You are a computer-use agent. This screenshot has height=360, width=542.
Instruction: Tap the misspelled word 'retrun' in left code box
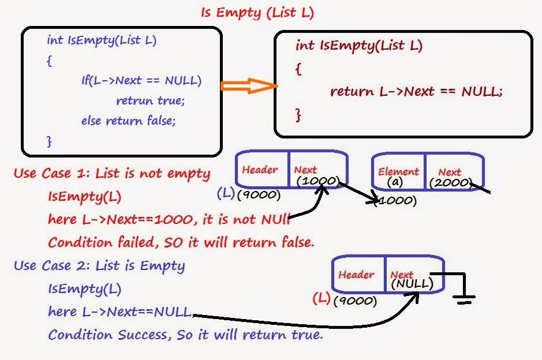point(135,100)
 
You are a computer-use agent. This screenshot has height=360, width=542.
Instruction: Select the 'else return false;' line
point(128,121)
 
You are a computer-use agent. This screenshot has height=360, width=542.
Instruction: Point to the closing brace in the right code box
point(298,115)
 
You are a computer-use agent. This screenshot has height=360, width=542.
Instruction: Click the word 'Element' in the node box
point(398,171)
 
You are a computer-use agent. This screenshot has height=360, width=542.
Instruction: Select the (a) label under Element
point(395,183)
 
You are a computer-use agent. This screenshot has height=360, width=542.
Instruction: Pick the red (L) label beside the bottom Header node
point(322,299)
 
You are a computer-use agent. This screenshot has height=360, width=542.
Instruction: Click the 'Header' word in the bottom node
point(356,275)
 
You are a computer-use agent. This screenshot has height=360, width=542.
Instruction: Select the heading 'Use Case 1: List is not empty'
point(111,173)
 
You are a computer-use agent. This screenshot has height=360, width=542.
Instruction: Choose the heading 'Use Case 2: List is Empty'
point(99,266)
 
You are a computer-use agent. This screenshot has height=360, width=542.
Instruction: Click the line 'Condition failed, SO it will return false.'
point(181,242)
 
